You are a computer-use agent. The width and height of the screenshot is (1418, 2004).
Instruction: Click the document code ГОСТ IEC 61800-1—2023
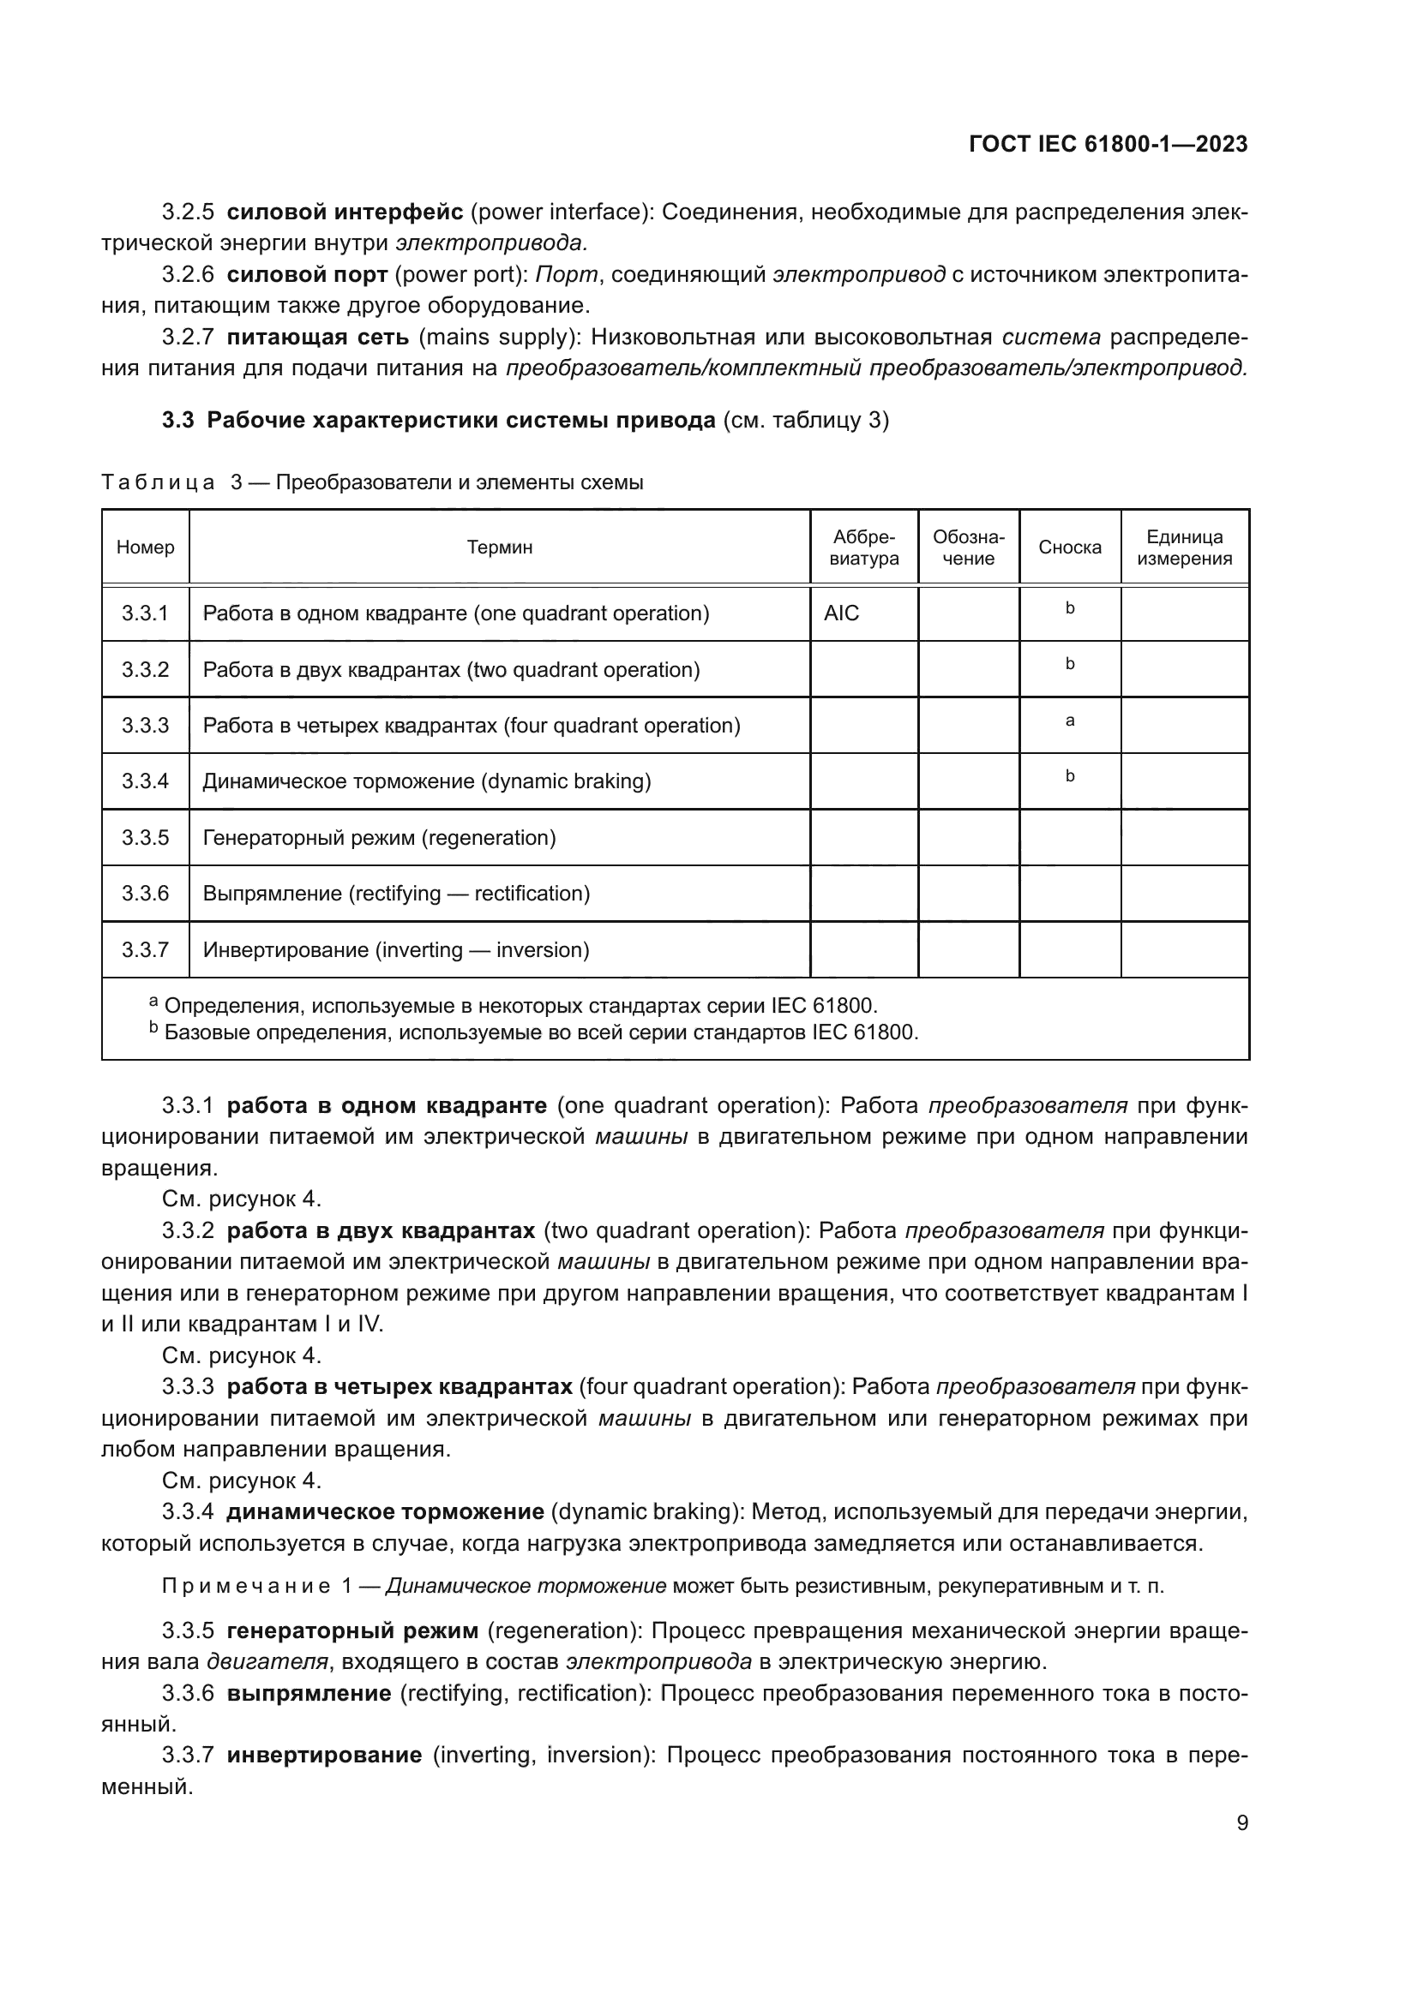point(1107,145)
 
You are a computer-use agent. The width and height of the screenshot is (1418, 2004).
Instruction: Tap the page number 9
point(1241,1822)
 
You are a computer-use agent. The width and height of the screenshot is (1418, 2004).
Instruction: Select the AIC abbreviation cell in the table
point(841,613)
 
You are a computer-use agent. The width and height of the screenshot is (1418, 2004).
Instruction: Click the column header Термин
point(499,547)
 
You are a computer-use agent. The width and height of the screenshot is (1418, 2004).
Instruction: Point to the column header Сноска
point(1069,547)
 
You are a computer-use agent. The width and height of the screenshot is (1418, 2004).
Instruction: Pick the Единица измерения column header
point(1184,547)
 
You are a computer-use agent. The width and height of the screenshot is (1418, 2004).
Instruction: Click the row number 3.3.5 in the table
point(145,838)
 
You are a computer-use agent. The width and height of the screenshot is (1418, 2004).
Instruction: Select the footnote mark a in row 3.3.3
point(1069,721)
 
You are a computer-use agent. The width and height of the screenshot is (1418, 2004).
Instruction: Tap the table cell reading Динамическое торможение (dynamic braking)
point(426,781)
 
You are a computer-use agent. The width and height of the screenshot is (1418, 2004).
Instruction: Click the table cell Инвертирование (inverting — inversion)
point(395,949)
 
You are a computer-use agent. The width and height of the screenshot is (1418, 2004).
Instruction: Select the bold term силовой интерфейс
point(345,212)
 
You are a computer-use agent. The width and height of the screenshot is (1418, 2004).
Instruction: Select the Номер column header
point(145,547)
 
